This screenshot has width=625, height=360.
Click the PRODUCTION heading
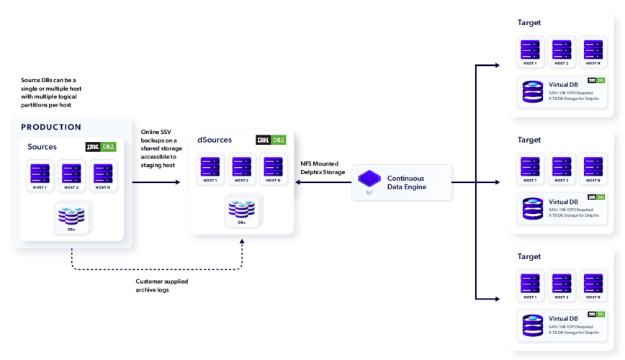pyautogui.click(x=51, y=127)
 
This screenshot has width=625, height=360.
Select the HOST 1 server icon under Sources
pyautogui.click(x=40, y=175)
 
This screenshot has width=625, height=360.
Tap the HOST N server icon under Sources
pyautogui.click(x=103, y=175)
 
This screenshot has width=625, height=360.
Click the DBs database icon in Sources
pyautogui.click(x=72, y=215)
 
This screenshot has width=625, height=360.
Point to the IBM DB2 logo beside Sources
pyautogui.click(x=100, y=147)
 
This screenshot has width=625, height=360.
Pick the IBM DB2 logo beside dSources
pyautogui.click(x=271, y=140)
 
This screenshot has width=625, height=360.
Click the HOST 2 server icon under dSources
pyautogui.click(x=242, y=167)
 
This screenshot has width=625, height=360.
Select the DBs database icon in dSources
pyautogui.click(x=242, y=209)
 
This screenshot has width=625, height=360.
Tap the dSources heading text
pyautogui.click(x=215, y=140)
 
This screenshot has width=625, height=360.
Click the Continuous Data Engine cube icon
pyautogui.click(x=369, y=180)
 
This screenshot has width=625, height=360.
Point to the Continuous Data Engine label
pyautogui.click(x=407, y=182)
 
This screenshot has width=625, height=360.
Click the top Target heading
pyautogui.click(x=529, y=23)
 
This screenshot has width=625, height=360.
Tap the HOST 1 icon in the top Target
pyautogui.click(x=531, y=50)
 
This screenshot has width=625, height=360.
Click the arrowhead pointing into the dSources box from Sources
pyautogui.click(x=178, y=182)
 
